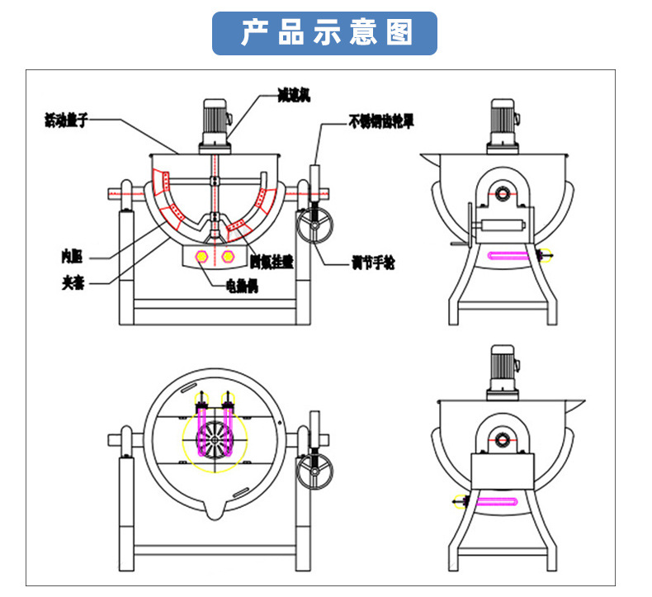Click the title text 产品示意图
point(325,34)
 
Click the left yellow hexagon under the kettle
point(201,257)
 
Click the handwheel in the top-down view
point(315,471)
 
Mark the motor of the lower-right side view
point(502,369)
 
